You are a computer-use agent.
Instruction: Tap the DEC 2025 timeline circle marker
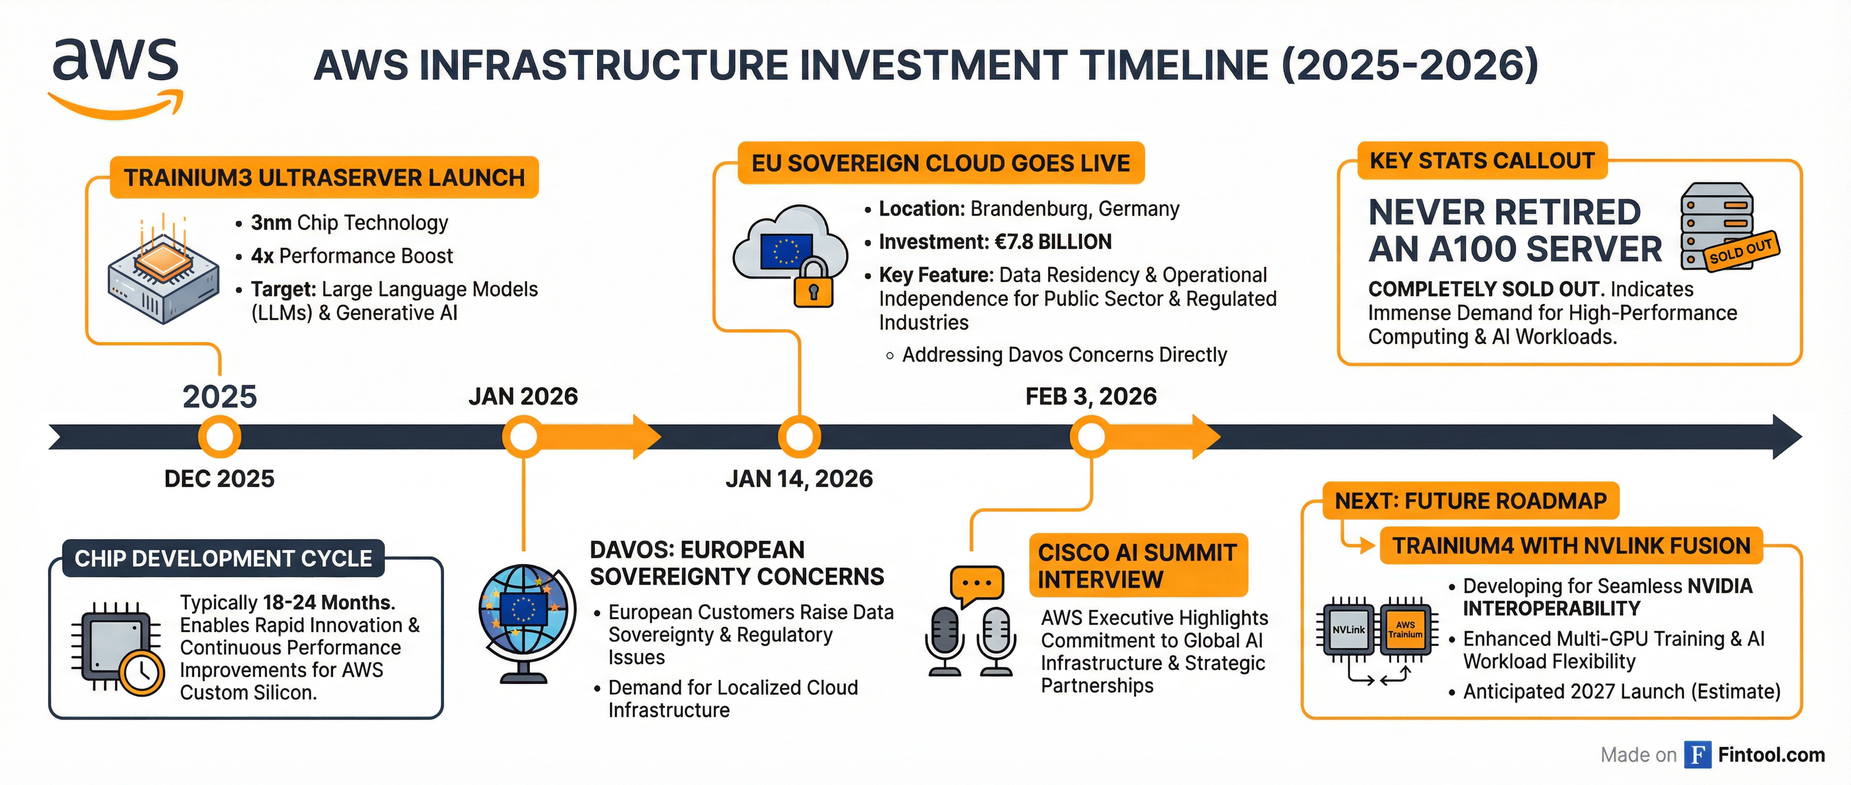point(219,437)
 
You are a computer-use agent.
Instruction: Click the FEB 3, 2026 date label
point(1091,397)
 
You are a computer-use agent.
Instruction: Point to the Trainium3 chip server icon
point(163,269)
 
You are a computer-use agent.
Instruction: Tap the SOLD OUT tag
point(1741,251)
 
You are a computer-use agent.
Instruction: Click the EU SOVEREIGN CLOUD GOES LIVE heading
point(941,164)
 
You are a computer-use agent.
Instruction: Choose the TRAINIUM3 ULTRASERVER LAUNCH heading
point(324,178)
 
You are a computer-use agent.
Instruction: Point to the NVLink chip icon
point(1348,630)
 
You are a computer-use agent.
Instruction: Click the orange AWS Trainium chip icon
point(1405,630)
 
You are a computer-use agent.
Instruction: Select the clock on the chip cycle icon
point(141,673)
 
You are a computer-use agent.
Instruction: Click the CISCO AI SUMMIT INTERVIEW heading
point(1137,566)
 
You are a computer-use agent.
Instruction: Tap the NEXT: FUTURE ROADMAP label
point(1470,501)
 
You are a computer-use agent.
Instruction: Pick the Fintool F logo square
point(1697,755)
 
